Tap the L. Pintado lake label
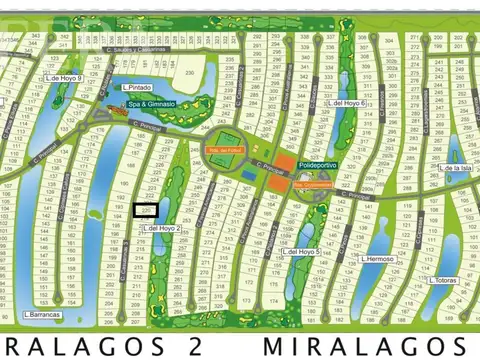click(x=138, y=87)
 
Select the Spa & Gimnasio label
click(x=150, y=104)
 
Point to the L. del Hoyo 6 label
click(x=347, y=103)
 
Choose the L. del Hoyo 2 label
click(x=161, y=228)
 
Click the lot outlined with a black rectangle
click(x=146, y=210)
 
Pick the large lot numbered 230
click(x=187, y=74)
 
